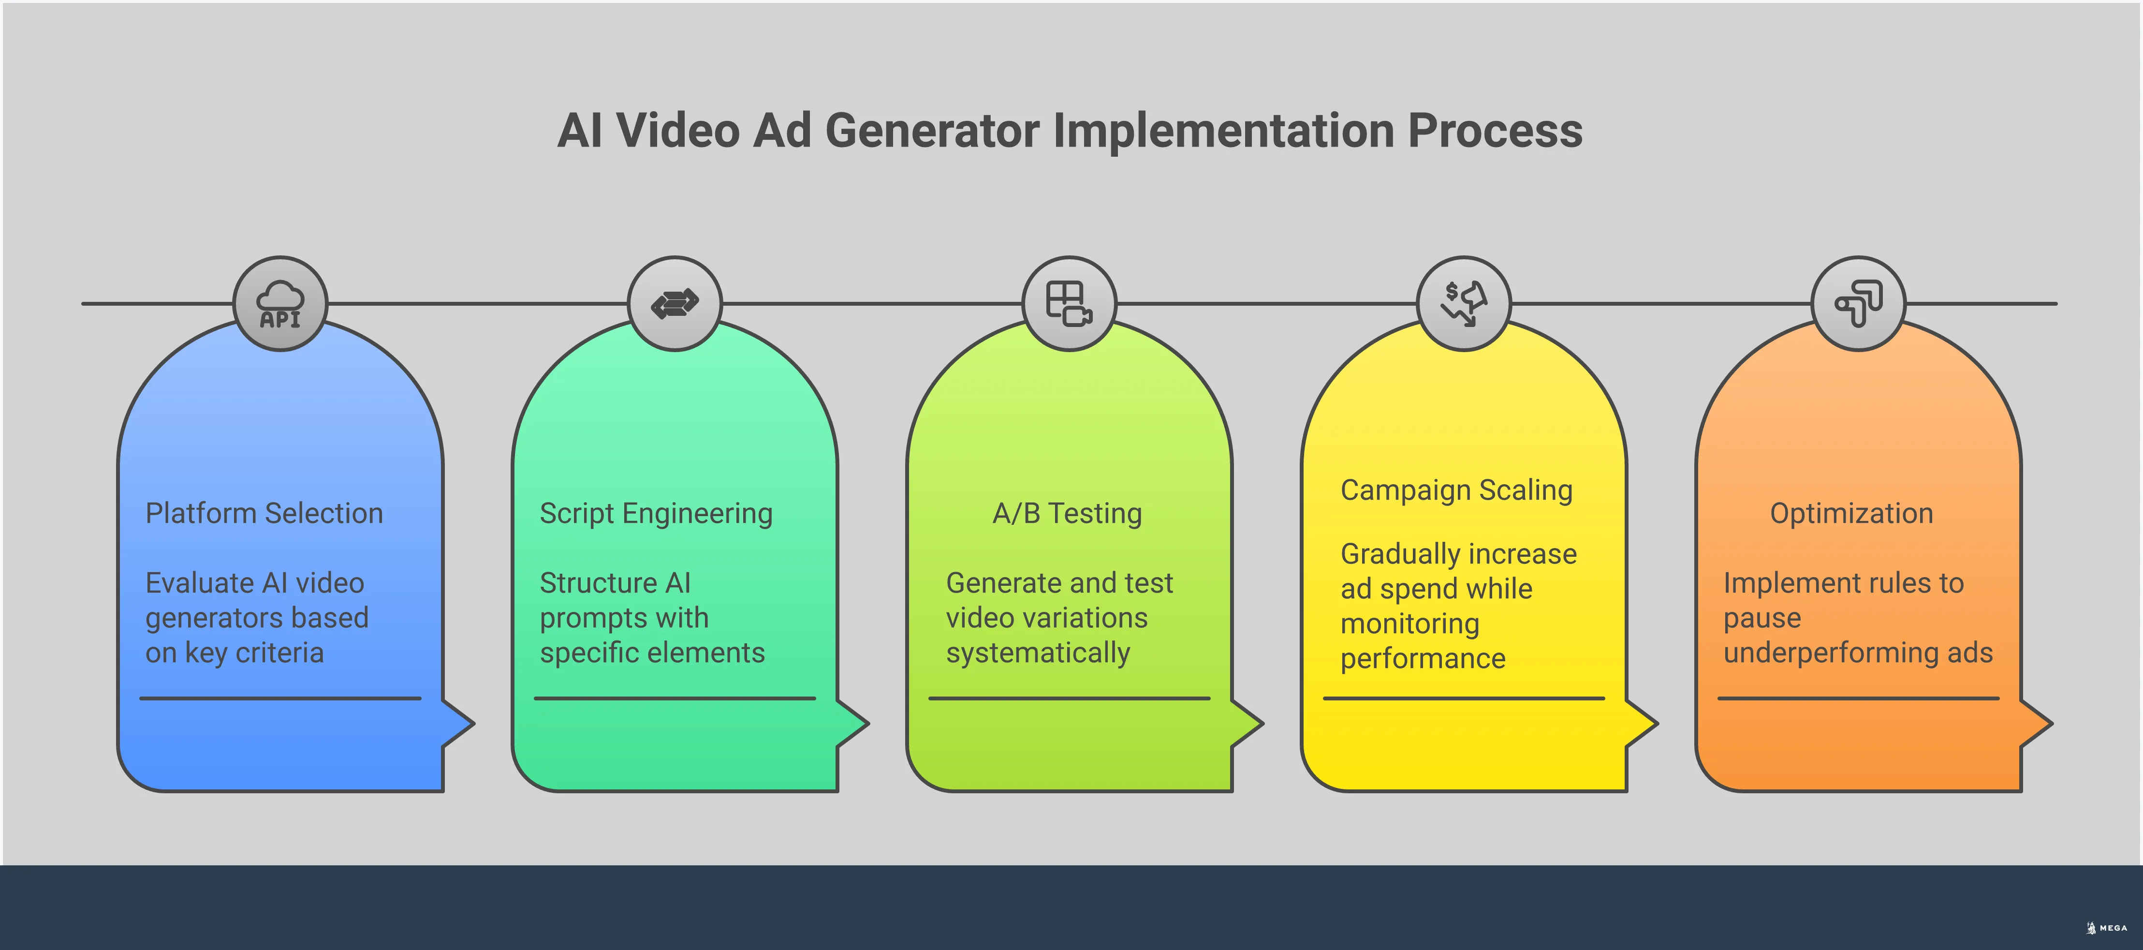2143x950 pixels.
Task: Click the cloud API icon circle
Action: (280, 304)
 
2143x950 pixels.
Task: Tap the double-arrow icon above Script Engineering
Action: (675, 304)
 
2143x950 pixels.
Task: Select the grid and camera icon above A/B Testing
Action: (1069, 304)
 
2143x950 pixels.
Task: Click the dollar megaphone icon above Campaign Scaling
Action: (1463, 304)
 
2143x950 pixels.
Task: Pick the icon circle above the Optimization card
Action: (1858, 304)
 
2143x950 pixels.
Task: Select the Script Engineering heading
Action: (656, 513)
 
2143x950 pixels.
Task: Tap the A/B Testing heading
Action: (1067, 513)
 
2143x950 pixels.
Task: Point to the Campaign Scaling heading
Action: (1456, 490)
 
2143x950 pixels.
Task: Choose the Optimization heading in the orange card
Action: (1851, 513)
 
